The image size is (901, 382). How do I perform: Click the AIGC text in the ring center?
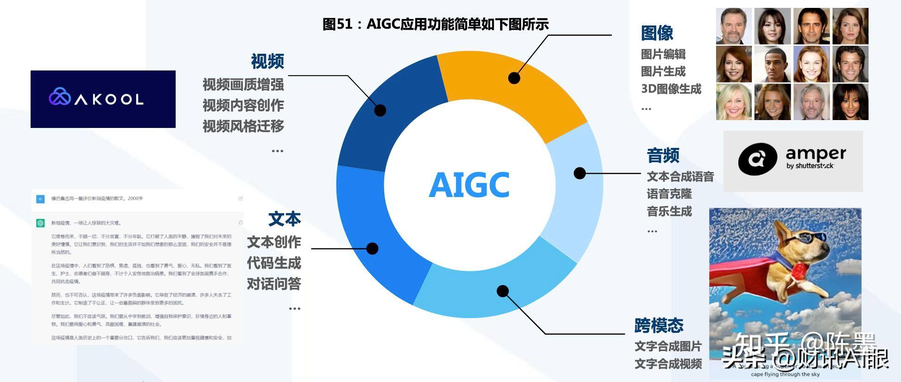coord(469,185)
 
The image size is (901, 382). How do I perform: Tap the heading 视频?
coord(267,61)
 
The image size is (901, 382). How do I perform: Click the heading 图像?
coord(657,33)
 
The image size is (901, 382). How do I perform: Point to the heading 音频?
coord(663,155)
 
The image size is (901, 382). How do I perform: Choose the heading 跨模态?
coord(659,325)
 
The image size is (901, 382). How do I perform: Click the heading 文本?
coord(284,219)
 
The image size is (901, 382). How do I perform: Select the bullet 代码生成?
coord(273,263)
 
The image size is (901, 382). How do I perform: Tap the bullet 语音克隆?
coord(669,194)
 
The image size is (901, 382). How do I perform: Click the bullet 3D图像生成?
coord(671,89)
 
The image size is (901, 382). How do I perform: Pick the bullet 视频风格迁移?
coord(243,126)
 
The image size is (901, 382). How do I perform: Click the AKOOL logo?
coord(103,99)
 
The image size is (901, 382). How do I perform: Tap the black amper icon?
coord(757,159)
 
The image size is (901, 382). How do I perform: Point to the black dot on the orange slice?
coord(514,78)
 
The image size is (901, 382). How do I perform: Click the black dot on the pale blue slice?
coord(579,173)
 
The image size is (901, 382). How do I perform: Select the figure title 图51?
coord(435,24)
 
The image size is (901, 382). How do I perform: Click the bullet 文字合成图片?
coord(668,346)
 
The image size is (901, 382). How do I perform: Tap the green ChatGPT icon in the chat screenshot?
coord(40,223)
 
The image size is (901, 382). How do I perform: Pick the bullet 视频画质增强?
coord(243,84)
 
